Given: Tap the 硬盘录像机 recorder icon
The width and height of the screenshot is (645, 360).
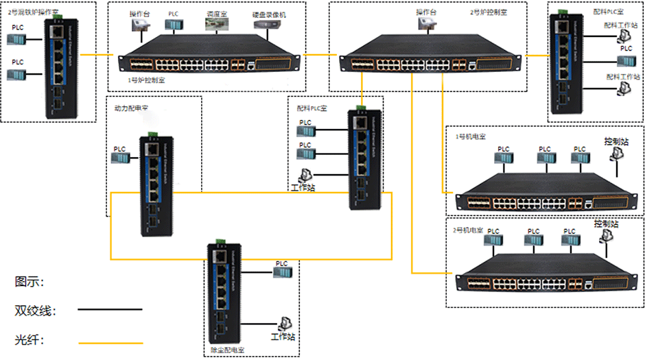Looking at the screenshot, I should (x=268, y=25).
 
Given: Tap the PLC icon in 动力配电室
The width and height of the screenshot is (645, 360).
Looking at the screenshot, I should (x=121, y=158).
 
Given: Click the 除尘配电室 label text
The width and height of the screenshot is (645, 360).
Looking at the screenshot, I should (x=228, y=350).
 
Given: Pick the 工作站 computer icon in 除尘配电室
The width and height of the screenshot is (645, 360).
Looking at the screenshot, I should (x=283, y=323).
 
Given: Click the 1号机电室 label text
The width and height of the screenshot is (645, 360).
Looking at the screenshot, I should (x=471, y=136).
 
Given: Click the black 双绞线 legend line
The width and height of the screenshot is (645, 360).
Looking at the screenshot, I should (x=110, y=310).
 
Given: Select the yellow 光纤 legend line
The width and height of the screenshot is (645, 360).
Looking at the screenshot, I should (x=110, y=342).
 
